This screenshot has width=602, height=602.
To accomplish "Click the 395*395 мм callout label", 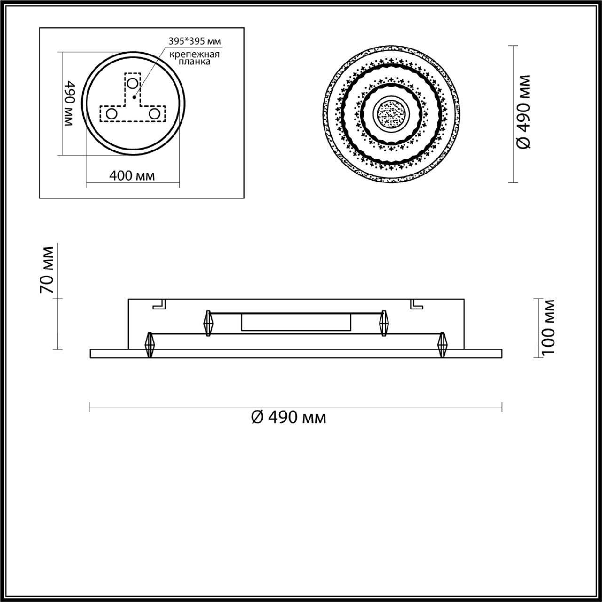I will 195,41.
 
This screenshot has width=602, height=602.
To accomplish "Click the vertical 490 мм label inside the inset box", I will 69,103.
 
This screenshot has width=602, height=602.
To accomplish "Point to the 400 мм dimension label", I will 132,175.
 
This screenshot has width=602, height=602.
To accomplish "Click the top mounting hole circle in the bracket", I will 133,84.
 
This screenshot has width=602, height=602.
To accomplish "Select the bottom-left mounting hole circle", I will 112,113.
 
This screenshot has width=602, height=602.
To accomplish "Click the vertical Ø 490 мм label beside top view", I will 523,112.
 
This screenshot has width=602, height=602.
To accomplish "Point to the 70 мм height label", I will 47,270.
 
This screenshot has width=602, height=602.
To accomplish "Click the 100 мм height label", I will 547,327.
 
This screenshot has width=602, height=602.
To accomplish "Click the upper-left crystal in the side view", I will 208,323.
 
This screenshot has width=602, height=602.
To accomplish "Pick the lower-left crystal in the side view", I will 150,345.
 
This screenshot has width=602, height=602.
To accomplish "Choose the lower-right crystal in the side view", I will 442,345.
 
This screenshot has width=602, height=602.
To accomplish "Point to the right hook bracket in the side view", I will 416,304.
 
